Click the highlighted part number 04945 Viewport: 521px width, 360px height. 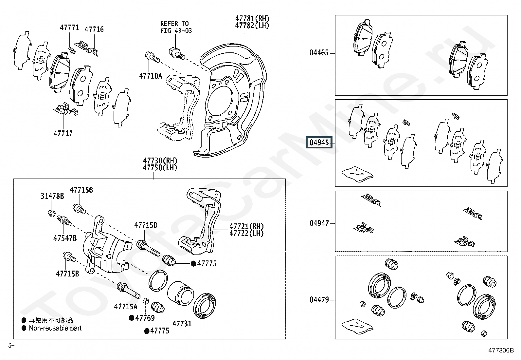coord(319,142)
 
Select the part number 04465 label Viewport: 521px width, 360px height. coord(319,53)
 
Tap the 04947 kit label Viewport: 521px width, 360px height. coord(319,223)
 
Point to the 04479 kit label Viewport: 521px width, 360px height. coord(319,300)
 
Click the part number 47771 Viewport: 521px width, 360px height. coord(69,28)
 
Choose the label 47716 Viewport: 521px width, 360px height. coord(94,29)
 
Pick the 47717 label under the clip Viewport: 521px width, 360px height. coord(63,133)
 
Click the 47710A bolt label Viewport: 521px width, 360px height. coord(150,76)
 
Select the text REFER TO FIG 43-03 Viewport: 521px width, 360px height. coord(176,27)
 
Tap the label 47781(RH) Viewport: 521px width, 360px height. coord(252,18)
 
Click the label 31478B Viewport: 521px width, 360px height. coord(52,196)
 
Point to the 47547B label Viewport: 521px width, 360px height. coord(65,238)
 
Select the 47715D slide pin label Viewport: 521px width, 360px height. coord(146,225)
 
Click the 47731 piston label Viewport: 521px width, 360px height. coord(182,323)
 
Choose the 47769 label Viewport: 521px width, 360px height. coord(145,318)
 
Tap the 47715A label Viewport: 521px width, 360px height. coord(126,307)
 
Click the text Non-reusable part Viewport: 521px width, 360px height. coord(55,328)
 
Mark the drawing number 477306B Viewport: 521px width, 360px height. coord(501,351)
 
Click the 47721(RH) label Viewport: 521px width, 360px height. coord(246,226)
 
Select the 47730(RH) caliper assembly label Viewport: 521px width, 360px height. coord(160,161)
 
